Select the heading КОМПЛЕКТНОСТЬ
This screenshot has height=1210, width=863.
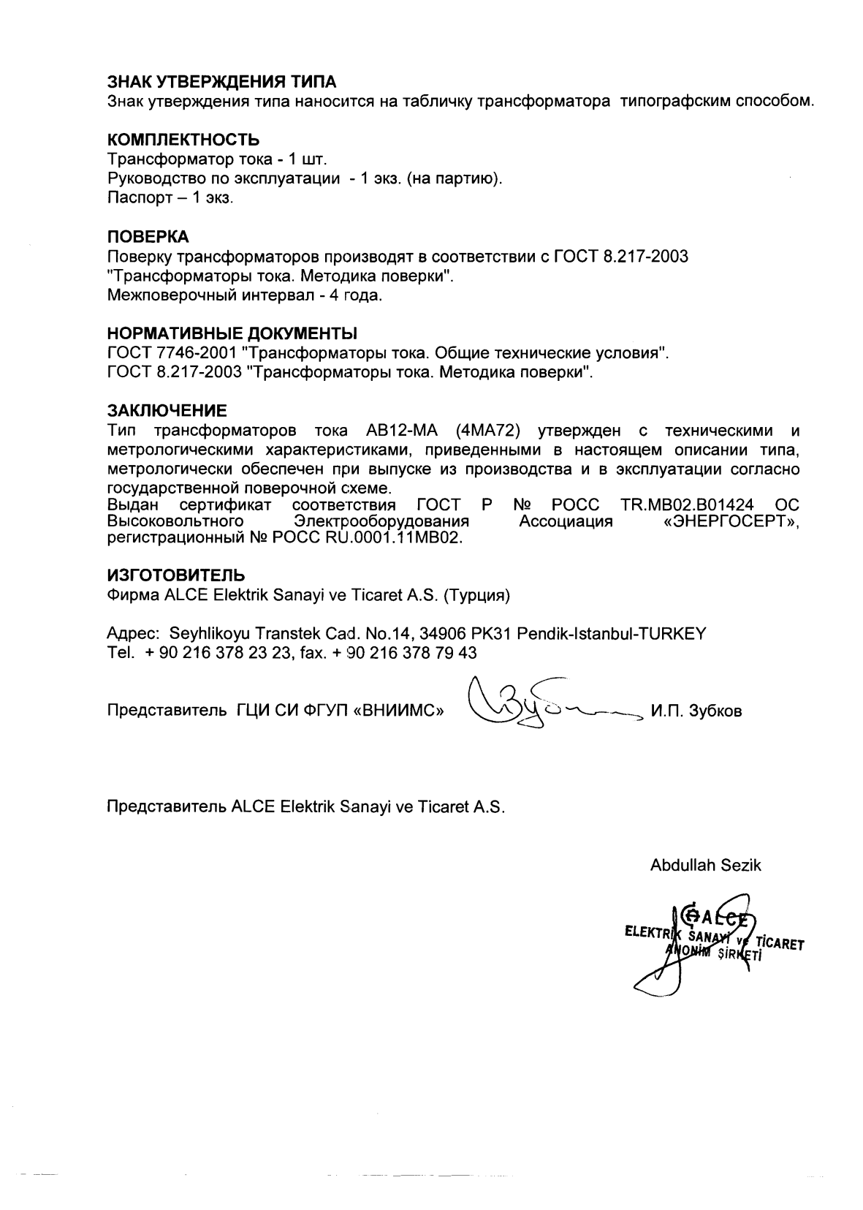tap(183, 140)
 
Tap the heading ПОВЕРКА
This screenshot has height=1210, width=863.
tap(148, 237)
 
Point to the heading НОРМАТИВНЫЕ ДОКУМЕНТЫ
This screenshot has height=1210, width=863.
tap(232, 334)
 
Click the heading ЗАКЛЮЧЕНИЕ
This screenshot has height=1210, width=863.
tap(167, 409)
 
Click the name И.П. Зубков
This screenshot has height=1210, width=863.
tap(695, 711)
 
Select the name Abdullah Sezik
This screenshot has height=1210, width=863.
tap(705, 866)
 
